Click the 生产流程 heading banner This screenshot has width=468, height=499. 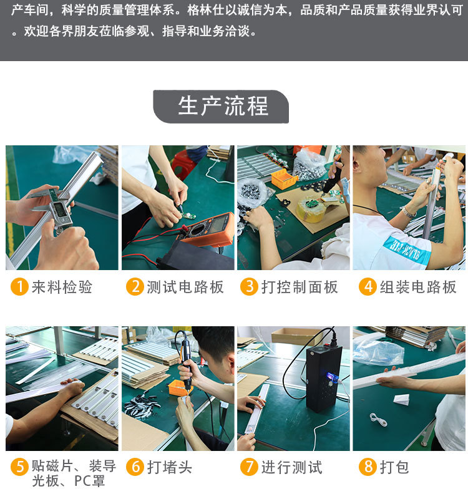(221, 106)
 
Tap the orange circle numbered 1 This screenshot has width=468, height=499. (20, 286)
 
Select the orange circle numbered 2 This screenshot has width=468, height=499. (135, 286)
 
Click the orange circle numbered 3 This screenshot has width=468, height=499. (249, 286)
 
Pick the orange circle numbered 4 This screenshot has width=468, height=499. (368, 286)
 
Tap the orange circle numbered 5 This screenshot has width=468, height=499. (20, 467)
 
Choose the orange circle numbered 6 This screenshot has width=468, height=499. (135, 467)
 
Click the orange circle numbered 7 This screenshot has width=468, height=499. (249, 467)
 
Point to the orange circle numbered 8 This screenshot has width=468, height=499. (368, 467)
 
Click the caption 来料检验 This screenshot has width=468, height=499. (62, 287)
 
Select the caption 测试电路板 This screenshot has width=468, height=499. (185, 287)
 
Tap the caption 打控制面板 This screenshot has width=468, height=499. (300, 287)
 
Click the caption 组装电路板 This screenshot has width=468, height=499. (418, 287)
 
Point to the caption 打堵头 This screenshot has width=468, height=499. (169, 467)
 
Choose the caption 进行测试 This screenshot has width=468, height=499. (291, 467)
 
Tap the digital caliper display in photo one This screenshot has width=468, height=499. (59, 210)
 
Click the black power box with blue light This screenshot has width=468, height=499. (323, 379)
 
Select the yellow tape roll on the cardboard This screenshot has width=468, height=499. (310, 210)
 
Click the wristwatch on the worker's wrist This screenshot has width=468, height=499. (408, 211)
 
